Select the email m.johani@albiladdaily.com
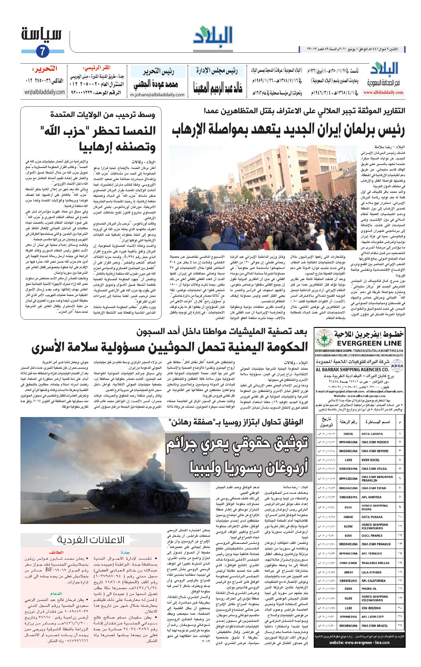pyautogui.click(x=157, y=95)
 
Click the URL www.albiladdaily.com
pyautogui.click(x=384, y=93)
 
